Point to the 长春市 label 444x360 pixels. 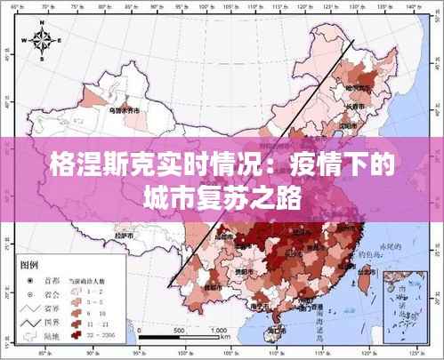(355, 107)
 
